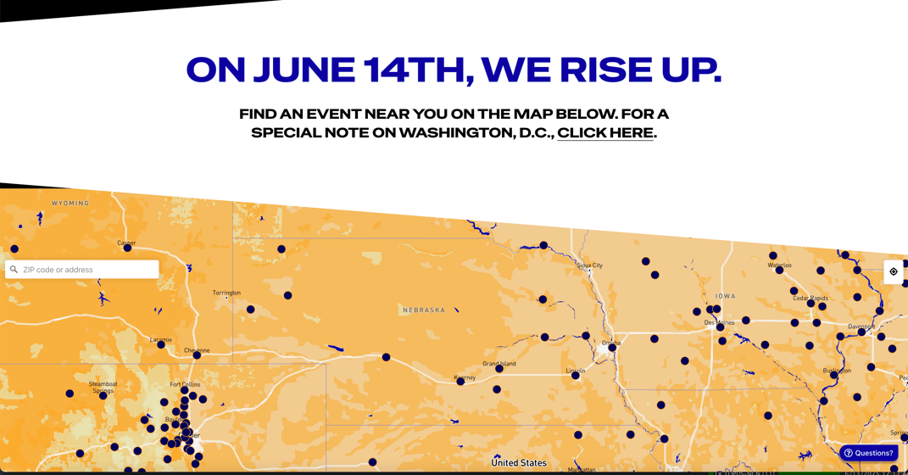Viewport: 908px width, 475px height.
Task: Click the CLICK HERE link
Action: click(x=605, y=133)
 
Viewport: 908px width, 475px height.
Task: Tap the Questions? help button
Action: click(x=869, y=453)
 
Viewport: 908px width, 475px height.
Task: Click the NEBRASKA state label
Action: click(x=424, y=310)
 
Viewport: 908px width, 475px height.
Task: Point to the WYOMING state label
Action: click(x=70, y=204)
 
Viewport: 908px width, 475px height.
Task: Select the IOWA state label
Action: click(x=726, y=296)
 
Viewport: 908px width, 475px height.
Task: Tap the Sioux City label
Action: click(x=590, y=265)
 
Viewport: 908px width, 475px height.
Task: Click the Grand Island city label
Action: click(x=499, y=363)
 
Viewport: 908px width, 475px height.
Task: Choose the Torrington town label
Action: click(x=226, y=293)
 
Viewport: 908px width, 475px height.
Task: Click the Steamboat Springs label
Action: click(x=103, y=387)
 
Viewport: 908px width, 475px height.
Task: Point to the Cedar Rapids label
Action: click(x=811, y=299)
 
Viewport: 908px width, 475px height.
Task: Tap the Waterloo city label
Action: click(x=779, y=265)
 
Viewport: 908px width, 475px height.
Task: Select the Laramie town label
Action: click(x=161, y=339)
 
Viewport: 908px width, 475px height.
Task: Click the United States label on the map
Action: click(x=519, y=463)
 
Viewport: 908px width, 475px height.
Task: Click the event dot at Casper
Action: click(x=127, y=248)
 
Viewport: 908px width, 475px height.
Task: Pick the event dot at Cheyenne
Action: click(x=197, y=355)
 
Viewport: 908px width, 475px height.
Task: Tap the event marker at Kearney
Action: click(x=460, y=382)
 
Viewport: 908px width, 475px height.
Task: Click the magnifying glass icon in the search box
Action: click(x=14, y=270)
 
